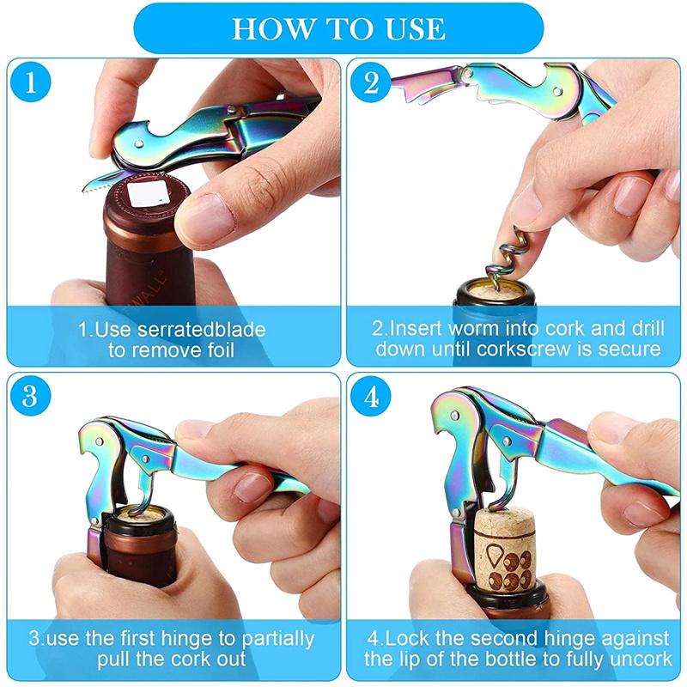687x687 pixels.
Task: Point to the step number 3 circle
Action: [32, 397]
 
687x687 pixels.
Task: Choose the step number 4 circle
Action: [371, 397]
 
